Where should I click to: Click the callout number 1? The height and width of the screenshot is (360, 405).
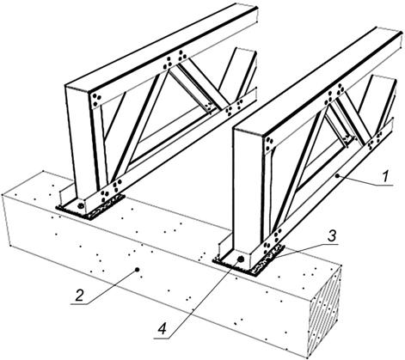point(386,176)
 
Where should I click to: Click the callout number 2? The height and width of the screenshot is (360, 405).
point(79,296)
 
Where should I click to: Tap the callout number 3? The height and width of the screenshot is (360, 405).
point(331,237)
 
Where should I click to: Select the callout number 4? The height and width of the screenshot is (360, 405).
point(162,329)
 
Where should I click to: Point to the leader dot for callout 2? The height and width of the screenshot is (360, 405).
point(138,270)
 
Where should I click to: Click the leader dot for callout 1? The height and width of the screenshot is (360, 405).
point(338,175)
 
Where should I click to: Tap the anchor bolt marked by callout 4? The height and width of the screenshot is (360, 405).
point(241,259)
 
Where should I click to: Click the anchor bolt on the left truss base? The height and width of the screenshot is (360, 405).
point(81,205)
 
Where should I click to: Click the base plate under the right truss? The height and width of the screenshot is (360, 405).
point(249,259)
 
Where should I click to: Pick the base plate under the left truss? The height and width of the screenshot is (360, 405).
point(90,206)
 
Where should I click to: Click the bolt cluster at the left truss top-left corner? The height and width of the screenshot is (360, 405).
point(95,101)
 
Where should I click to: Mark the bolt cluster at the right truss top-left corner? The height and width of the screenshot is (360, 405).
point(269,144)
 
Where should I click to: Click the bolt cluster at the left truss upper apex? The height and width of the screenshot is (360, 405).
point(174,61)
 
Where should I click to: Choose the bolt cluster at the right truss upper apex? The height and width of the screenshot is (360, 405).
point(334,94)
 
